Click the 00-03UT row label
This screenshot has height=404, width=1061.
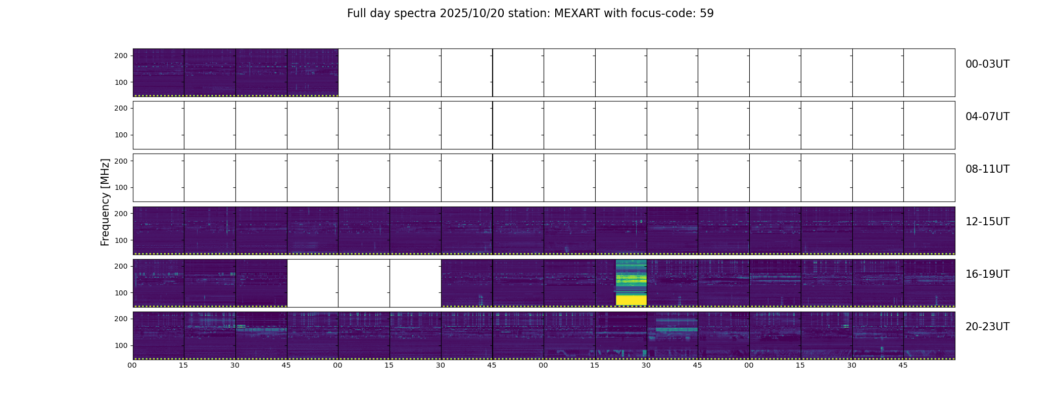coord(987,64)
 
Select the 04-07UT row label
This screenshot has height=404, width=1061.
coord(987,117)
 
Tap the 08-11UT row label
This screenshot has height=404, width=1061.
coord(987,169)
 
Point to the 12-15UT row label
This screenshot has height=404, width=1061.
coord(987,222)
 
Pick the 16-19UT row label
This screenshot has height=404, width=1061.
coord(987,274)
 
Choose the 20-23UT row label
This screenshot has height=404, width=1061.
coord(987,327)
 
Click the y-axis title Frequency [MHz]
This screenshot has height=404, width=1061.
coord(105,202)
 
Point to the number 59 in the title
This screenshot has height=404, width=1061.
coord(707,14)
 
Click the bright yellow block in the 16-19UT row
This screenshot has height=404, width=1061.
coord(631,300)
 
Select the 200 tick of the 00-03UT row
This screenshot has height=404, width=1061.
coord(121,56)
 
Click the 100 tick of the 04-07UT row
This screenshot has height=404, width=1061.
coord(121,135)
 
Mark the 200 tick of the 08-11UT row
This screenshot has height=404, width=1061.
coord(121,161)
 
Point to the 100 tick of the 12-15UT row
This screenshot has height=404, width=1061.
coord(121,240)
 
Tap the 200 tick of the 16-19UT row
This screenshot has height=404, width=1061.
coord(121,266)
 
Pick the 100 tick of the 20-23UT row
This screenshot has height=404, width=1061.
coord(121,345)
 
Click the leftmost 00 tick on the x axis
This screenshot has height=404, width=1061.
coord(132,365)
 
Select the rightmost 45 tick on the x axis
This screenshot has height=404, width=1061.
coord(903,365)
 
